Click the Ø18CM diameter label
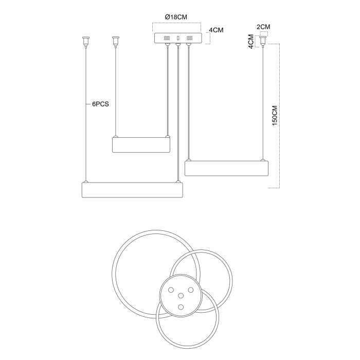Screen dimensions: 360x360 coord(176,17)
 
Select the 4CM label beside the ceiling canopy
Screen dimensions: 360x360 coord(216,30)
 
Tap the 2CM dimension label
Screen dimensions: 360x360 coord(263,27)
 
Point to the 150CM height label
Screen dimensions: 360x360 coord(275,115)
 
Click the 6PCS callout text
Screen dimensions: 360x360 coord(100,104)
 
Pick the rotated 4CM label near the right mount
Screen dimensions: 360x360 coord(251,41)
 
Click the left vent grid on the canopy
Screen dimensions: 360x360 coord(167,38)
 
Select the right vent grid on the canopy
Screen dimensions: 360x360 coord(190,38)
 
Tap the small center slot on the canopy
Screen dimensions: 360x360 coord(178,38)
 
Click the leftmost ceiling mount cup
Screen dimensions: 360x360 coord(86,41)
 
